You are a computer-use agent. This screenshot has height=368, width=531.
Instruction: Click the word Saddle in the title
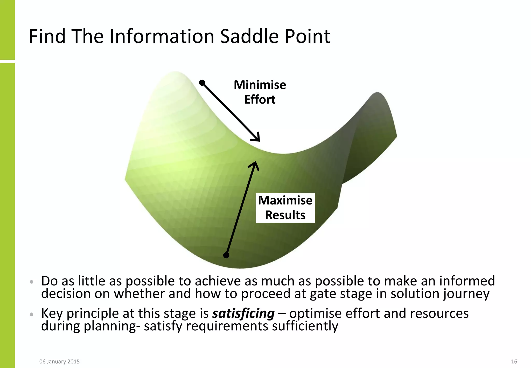point(250,36)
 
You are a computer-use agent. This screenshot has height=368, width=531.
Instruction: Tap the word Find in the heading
point(47,36)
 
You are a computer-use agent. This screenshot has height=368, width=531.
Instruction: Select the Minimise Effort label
point(260,92)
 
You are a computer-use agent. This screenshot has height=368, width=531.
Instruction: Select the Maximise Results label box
point(285,208)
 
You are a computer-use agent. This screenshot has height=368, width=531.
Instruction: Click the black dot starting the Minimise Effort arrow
point(202,83)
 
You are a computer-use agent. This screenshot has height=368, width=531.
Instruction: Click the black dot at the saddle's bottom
point(226,255)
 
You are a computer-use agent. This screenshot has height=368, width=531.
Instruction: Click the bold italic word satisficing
point(243,314)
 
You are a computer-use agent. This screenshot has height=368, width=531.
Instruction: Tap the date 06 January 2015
point(59,362)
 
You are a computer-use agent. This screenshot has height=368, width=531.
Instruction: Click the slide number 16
point(514,362)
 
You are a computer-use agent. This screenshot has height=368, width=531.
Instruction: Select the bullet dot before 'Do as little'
point(32,282)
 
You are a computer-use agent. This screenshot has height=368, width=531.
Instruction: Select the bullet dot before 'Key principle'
point(32,314)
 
